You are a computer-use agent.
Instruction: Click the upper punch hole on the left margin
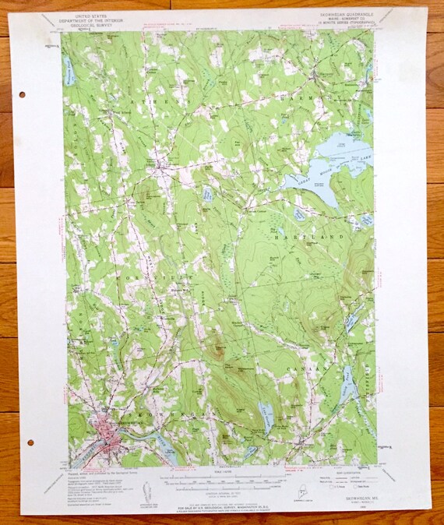click(x=20, y=94)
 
